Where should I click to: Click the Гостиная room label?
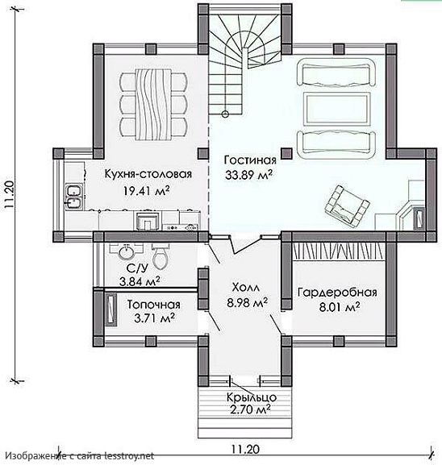tap(250, 160)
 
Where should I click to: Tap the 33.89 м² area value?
tap(248, 175)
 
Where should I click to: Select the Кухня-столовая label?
tap(148, 174)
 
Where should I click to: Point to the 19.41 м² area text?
tap(147, 191)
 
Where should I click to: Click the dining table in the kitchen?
tap(153, 105)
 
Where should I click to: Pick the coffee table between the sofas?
tap(337, 108)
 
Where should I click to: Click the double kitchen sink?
tap(74, 196)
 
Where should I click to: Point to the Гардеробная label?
tap(337, 293)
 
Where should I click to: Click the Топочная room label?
tap(153, 305)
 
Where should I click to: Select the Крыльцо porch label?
tap(252, 397)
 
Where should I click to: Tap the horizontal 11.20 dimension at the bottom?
tap(245, 449)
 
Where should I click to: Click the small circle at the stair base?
tap(225, 114)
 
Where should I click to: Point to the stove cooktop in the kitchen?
tap(181, 227)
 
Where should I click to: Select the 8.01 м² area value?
tap(340, 307)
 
